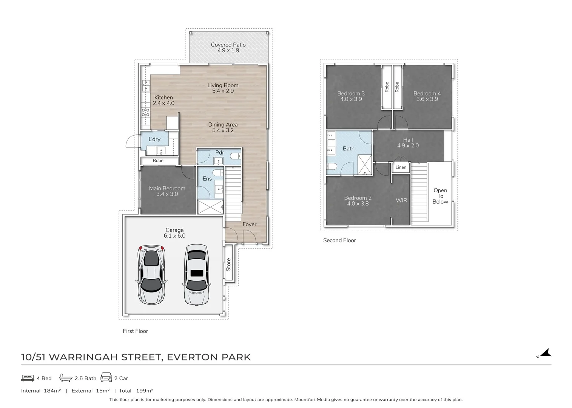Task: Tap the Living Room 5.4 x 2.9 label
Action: click(x=223, y=88)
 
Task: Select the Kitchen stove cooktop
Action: click(x=145, y=112)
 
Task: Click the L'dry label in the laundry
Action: click(x=154, y=139)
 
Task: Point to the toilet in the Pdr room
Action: click(x=235, y=156)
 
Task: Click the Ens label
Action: click(x=207, y=179)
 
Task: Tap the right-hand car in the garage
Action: click(x=196, y=275)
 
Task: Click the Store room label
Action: click(x=228, y=264)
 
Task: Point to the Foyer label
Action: click(x=249, y=224)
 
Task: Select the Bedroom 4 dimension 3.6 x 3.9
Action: click(x=427, y=99)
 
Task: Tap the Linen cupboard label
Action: click(x=401, y=167)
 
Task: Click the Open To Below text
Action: click(x=440, y=196)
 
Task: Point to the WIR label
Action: click(x=401, y=200)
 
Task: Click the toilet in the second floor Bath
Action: click(x=332, y=167)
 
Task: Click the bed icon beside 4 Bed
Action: click(x=28, y=378)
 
